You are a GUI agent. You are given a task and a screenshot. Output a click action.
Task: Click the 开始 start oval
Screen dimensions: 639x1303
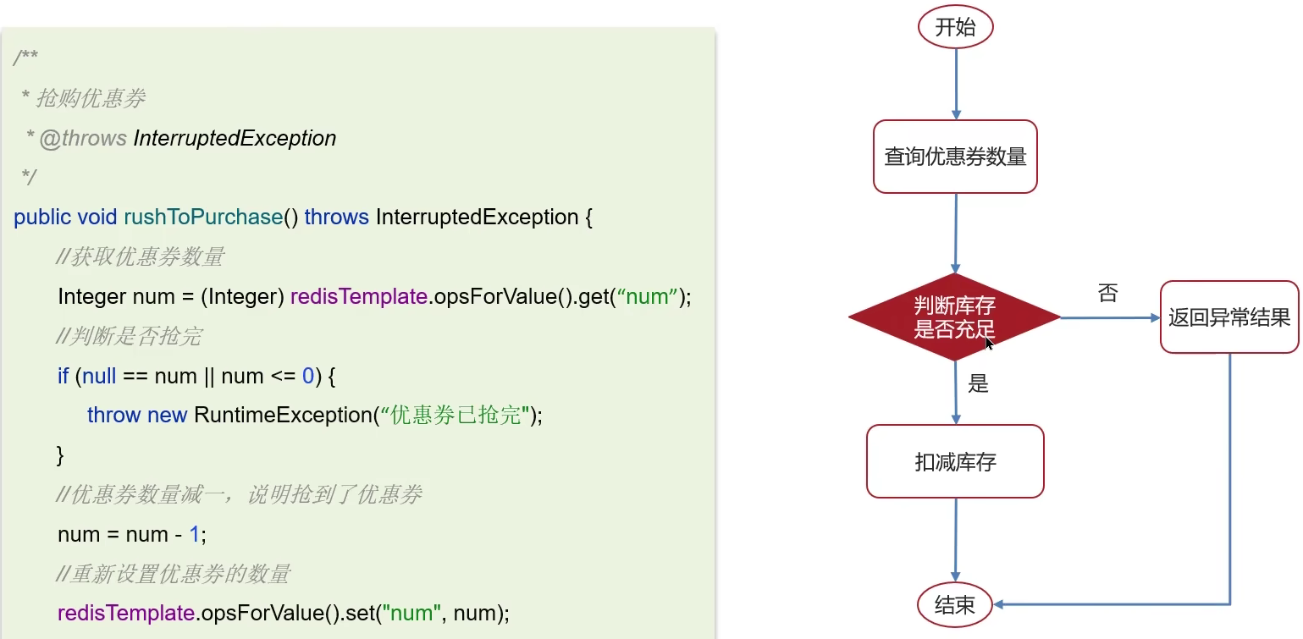pyautogui.click(x=955, y=27)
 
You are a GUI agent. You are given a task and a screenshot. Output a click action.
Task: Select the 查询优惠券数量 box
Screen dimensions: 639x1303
pyautogui.click(x=955, y=157)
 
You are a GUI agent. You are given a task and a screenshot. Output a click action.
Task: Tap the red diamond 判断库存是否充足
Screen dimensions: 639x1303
pyautogui.click(x=954, y=317)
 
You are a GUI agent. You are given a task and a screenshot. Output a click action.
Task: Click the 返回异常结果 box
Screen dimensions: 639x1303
pyautogui.click(x=1228, y=317)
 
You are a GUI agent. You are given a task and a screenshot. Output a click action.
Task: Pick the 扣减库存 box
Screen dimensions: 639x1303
pyautogui.click(x=955, y=461)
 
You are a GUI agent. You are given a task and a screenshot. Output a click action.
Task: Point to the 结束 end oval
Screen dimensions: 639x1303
pyautogui.click(x=955, y=604)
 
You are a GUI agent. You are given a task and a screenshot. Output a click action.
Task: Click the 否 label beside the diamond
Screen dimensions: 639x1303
pyautogui.click(x=1107, y=294)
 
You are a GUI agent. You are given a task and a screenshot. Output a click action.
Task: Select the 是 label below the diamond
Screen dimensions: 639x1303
pyautogui.click(x=978, y=384)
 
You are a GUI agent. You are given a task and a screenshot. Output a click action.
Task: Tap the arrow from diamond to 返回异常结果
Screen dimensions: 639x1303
pyautogui.click(x=1109, y=318)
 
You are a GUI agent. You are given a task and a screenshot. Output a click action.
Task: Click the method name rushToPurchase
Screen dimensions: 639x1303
pyautogui.click(x=202, y=218)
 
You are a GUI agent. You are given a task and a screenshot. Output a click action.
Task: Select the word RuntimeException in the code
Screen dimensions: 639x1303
pyautogui.click(x=283, y=416)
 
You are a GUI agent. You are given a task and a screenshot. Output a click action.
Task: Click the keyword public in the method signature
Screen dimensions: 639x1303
pyautogui.click(x=42, y=218)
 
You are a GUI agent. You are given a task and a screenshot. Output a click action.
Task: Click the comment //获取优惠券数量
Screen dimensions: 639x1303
pyautogui.click(x=140, y=257)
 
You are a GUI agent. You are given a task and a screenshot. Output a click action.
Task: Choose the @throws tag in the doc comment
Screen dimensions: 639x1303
pyautogui.click(x=83, y=138)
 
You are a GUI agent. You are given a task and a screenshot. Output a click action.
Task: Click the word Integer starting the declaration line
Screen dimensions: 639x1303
pyautogui.click(x=92, y=297)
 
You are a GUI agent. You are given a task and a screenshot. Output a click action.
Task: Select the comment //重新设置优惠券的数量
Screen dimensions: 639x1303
pyautogui.click(x=173, y=574)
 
